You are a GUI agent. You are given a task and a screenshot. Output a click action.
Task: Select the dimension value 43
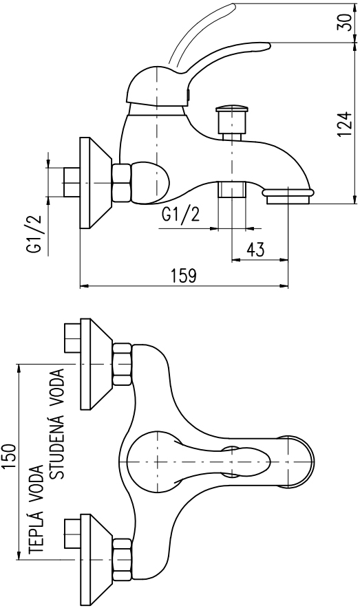[255, 250]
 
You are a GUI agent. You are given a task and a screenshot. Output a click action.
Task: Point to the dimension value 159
[184, 276]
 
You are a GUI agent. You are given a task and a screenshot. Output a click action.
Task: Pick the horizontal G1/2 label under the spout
[181, 214]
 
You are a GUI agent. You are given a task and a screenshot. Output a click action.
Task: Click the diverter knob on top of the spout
[232, 119]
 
